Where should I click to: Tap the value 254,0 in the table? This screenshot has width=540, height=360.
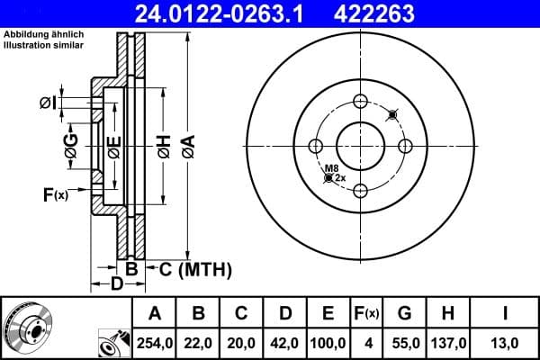[154, 343]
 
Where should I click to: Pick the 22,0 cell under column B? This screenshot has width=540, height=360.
[197, 343]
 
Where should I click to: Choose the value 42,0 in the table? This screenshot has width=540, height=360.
[284, 343]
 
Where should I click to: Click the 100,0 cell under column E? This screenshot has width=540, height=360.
[328, 343]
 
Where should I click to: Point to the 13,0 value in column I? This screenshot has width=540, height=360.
[505, 343]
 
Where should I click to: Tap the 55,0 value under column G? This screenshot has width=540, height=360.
[404, 343]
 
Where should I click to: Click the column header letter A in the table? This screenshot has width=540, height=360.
[154, 314]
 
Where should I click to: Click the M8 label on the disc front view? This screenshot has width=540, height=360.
[331, 168]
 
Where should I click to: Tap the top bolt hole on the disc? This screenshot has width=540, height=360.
[360, 101]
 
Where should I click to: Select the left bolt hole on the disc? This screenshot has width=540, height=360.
[316, 146]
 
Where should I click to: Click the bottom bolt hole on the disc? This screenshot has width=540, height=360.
[360, 190]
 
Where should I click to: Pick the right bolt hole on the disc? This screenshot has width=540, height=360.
[405, 146]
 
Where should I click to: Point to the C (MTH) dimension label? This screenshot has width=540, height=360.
[195, 268]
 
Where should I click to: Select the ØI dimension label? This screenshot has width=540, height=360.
[48, 103]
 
